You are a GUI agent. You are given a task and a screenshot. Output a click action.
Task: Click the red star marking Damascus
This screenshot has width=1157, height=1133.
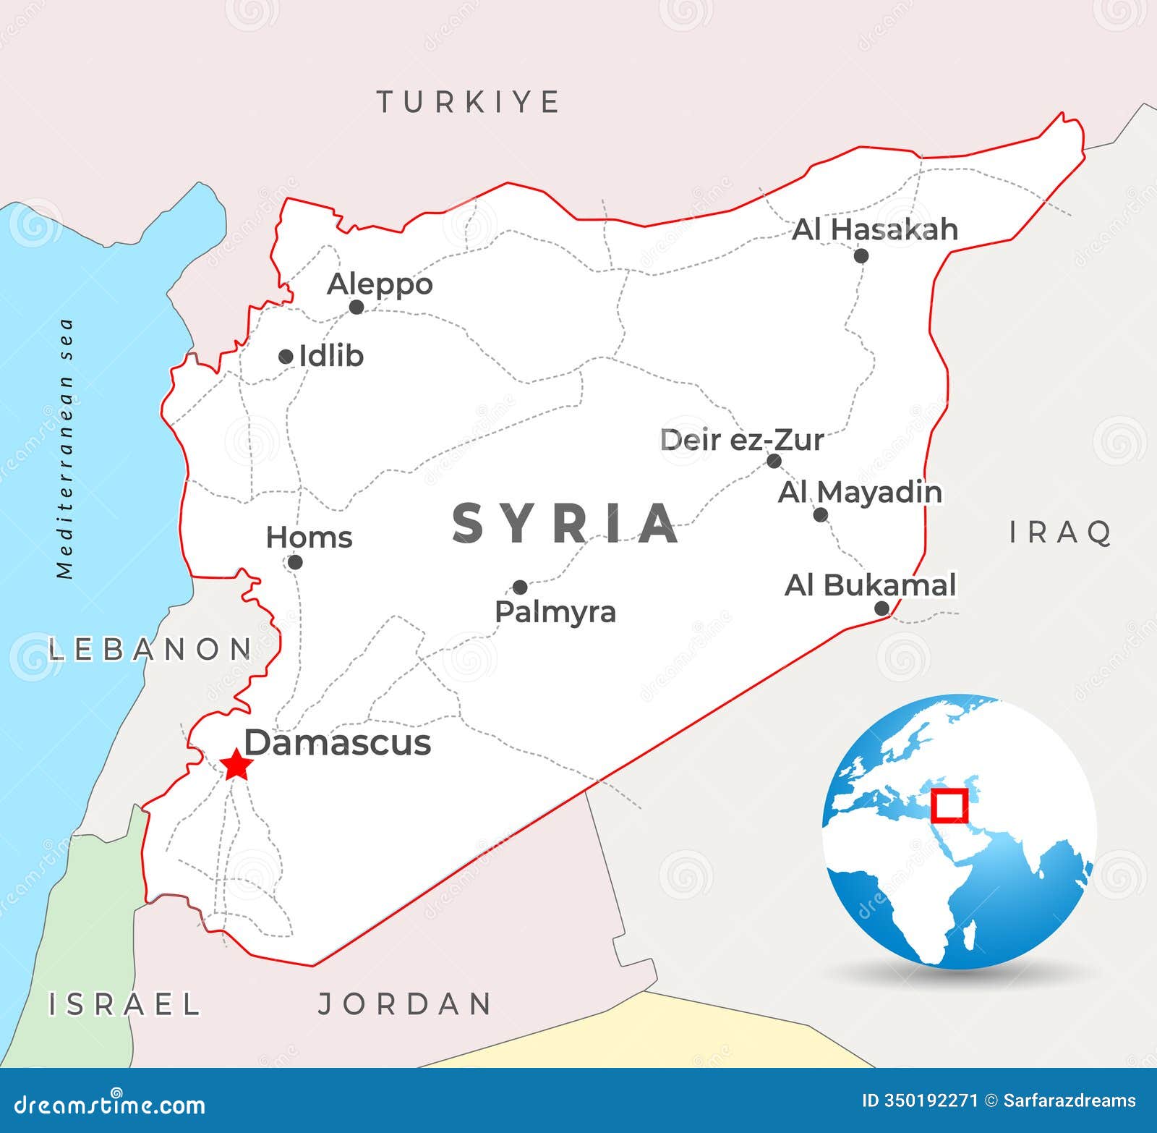point(236,765)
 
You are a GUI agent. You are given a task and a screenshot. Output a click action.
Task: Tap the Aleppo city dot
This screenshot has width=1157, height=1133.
point(356,307)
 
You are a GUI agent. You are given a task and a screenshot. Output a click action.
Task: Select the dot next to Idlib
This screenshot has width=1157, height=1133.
point(286,356)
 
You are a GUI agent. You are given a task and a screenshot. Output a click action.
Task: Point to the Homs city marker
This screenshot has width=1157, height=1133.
point(294,561)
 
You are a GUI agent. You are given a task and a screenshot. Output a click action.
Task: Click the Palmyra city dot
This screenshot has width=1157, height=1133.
point(520,587)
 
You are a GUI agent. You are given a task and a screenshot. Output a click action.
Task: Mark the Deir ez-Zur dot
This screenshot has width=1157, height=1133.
point(774,461)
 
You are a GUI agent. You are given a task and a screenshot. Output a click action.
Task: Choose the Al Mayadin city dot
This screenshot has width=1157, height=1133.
point(820,514)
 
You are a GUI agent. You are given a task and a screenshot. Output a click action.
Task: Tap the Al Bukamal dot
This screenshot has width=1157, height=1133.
point(881,608)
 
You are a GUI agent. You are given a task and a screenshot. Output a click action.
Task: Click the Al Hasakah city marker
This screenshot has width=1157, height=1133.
point(861,255)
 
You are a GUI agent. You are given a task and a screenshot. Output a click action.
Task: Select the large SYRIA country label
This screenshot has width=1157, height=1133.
point(565,523)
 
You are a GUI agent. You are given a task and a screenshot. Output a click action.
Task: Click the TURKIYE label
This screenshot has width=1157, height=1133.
point(469,102)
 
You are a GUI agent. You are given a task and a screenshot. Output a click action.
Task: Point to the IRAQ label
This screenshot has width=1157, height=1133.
point(1061,532)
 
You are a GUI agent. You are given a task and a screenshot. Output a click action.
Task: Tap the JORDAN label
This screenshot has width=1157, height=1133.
point(406,1003)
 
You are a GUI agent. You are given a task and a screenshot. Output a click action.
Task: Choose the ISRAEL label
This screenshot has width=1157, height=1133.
point(124,1003)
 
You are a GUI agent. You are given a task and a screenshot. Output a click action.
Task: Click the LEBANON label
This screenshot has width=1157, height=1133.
point(150,649)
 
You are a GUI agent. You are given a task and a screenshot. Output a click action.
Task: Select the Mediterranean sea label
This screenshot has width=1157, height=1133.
point(66,449)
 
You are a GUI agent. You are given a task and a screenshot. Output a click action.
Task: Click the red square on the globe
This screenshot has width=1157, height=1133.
point(949,805)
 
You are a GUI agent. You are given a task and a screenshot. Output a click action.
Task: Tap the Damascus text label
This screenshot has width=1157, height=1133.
point(338,743)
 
